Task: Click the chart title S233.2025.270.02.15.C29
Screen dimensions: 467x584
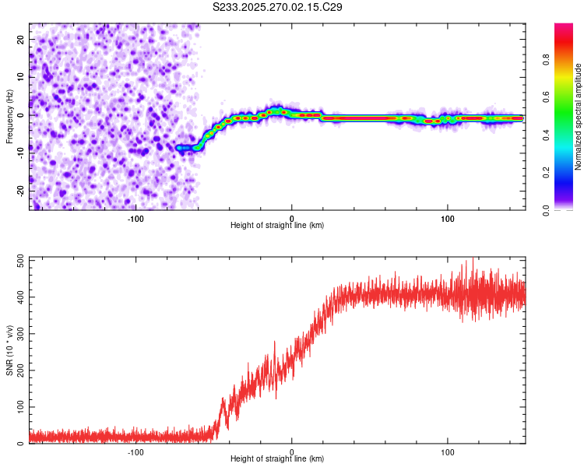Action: (278, 7)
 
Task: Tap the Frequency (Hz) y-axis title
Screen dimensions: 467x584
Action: (9, 117)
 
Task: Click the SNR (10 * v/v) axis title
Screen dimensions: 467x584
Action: (9, 352)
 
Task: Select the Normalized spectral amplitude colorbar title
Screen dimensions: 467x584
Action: (579, 117)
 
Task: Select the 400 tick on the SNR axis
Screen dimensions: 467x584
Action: (21, 298)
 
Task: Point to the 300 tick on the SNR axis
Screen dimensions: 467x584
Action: (21, 335)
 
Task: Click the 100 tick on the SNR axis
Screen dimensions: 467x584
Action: (21, 407)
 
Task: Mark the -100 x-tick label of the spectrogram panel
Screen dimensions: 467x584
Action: (135, 219)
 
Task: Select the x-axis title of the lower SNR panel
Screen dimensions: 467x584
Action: (277, 459)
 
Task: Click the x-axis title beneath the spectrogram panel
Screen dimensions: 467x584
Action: (277, 226)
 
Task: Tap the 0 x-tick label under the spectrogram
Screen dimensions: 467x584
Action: (292, 219)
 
